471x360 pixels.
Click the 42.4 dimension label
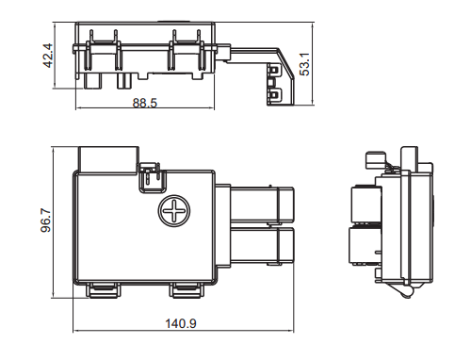coord(47,58)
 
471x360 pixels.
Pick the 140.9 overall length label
coord(180,323)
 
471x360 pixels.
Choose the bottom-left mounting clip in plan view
coord(105,288)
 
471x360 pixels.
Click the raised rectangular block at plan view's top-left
coord(108,156)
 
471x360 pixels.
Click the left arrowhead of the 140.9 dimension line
coord(76,332)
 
